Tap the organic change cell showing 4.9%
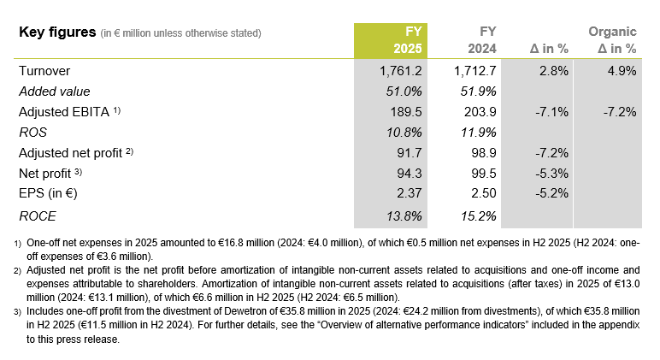[619, 72]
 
